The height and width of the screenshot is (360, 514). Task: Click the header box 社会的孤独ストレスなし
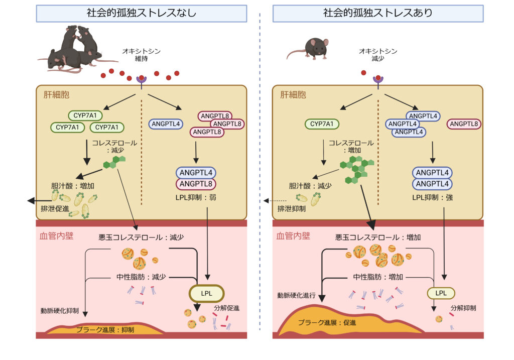tap(141, 14)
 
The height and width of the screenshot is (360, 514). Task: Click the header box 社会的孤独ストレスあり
tap(377, 14)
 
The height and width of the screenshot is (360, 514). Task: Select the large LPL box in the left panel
tap(206, 293)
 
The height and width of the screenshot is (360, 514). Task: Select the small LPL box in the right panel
tap(440, 293)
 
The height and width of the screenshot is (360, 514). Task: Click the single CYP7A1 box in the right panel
tap(322, 124)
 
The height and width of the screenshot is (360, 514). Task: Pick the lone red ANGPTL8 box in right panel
tap(464, 124)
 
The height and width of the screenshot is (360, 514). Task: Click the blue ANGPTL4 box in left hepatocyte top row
tap(166, 124)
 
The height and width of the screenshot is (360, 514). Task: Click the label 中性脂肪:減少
tap(141, 276)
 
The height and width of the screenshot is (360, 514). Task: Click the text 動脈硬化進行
tap(296, 295)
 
